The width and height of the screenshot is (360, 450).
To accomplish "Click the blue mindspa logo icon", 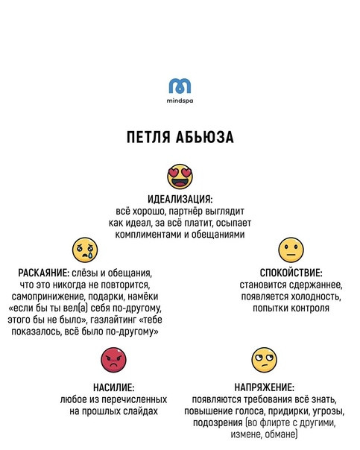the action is [180, 86].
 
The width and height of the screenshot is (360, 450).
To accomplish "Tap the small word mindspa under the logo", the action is [180, 101].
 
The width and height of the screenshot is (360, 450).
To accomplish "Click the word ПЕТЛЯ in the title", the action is [148, 137].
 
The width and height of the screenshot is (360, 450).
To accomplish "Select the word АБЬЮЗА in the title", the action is [205, 137].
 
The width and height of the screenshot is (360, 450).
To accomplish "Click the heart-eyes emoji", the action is [180, 177].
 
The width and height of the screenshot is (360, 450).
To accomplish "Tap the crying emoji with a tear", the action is [85, 250].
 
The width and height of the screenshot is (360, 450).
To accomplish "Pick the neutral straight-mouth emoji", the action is [291, 250].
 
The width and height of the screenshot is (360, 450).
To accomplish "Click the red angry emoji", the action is [113, 360].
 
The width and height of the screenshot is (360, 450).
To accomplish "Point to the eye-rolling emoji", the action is [264, 360].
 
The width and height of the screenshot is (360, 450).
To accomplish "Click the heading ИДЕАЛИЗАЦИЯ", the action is [180, 199].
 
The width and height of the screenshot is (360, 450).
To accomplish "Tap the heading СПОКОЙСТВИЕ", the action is [291, 273].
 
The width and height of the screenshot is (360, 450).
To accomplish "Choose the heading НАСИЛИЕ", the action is [114, 387].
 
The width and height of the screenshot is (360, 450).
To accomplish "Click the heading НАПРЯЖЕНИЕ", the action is [264, 387].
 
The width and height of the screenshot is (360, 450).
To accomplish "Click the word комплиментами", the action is [148, 235].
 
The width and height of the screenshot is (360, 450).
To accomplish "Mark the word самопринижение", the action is [48, 297].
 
